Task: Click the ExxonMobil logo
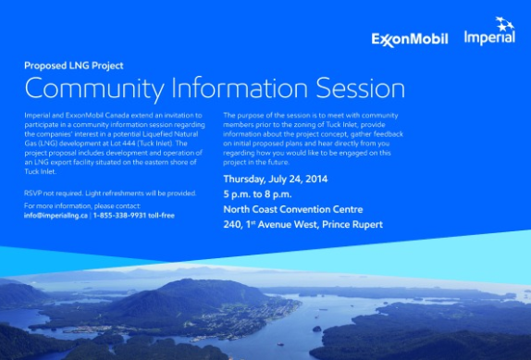[410, 39]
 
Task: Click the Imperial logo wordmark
[489, 37]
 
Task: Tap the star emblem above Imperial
[504, 23]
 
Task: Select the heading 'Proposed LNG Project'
[74, 66]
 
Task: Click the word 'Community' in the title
[94, 89]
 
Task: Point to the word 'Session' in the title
[361, 88]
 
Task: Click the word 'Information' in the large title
[240, 88]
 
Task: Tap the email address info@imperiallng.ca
[56, 216]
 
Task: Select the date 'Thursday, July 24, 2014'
[276, 180]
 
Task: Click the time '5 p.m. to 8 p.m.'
[257, 194]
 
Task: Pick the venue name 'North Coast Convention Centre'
[293, 209]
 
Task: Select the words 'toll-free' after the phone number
[162, 216]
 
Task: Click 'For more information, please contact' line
[82, 205]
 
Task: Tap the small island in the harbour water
[316, 329]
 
